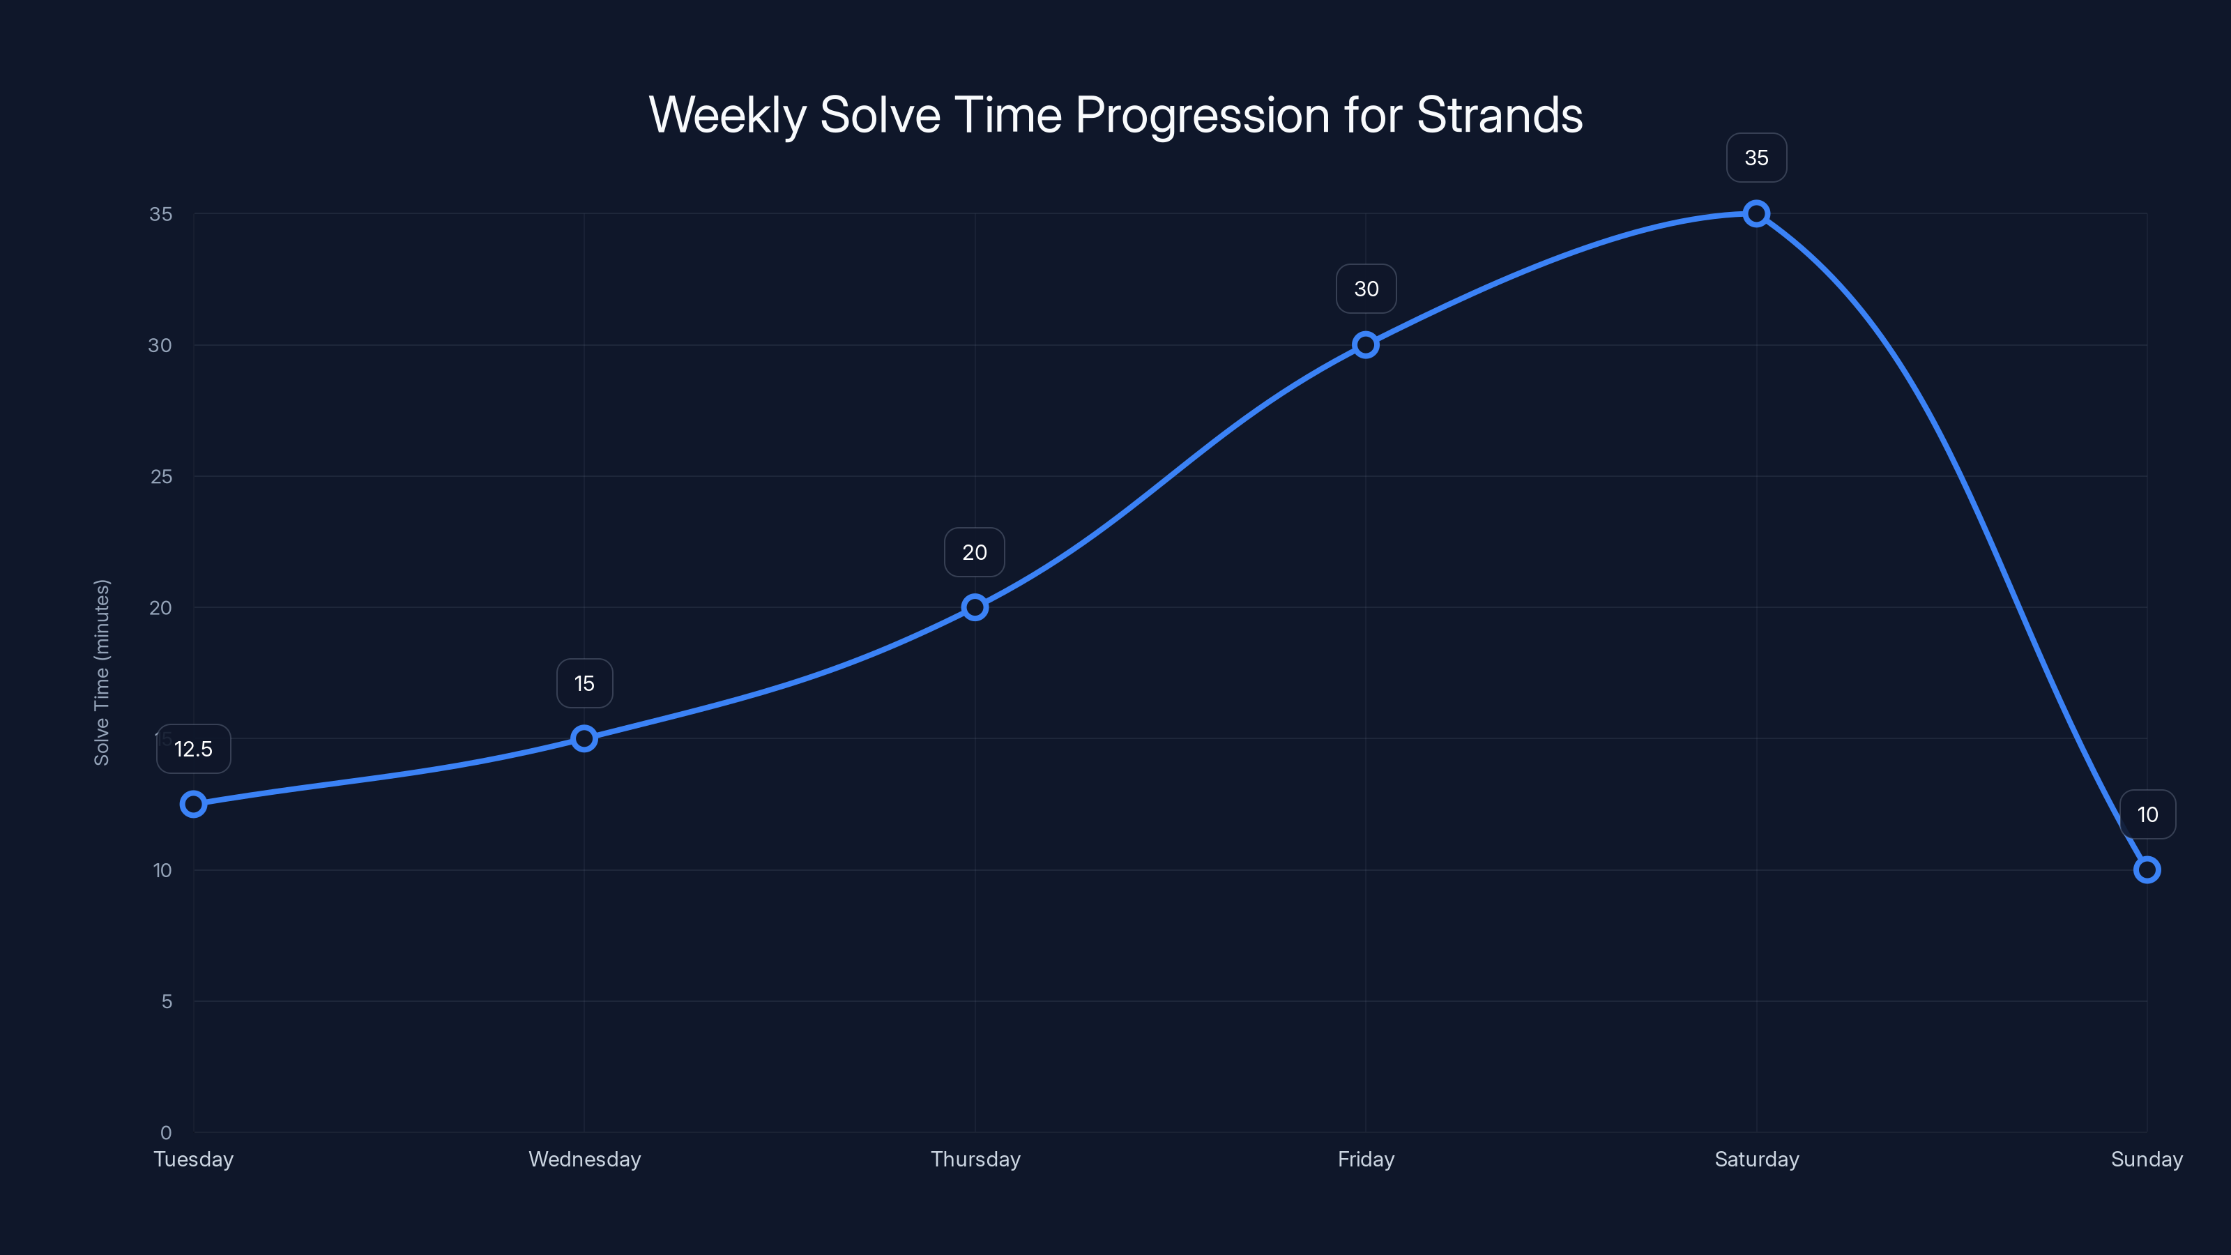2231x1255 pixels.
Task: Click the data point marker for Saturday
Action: click(x=1756, y=214)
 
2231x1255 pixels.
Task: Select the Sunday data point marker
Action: click(x=2146, y=869)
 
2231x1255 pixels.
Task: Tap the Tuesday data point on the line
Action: click(x=193, y=804)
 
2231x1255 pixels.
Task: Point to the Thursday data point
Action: click(x=975, y=607)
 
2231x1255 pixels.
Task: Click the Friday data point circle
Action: click(x=1366, y=344)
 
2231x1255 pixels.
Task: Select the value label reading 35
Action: click(x=1756, y=158)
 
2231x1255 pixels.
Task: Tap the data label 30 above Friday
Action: click(x=1366, y=289)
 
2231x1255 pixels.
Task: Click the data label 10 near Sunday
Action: click(x=2147, y=814)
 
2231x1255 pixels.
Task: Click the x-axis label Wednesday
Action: click(x=585, y=1159)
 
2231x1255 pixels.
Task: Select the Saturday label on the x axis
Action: click(x=1756, y=1159)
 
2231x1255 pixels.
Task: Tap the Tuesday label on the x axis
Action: click(x=193, y=1159)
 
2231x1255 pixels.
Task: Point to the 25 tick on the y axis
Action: click(x=161, y=476)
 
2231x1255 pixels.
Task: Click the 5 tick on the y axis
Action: click(x=167, y=1001)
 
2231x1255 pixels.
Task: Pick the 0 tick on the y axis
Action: click(x=167, y=1132)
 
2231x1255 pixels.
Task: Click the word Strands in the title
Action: click(x=1499, y=114)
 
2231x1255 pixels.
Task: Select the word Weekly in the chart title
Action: click(x=726, y=114)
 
